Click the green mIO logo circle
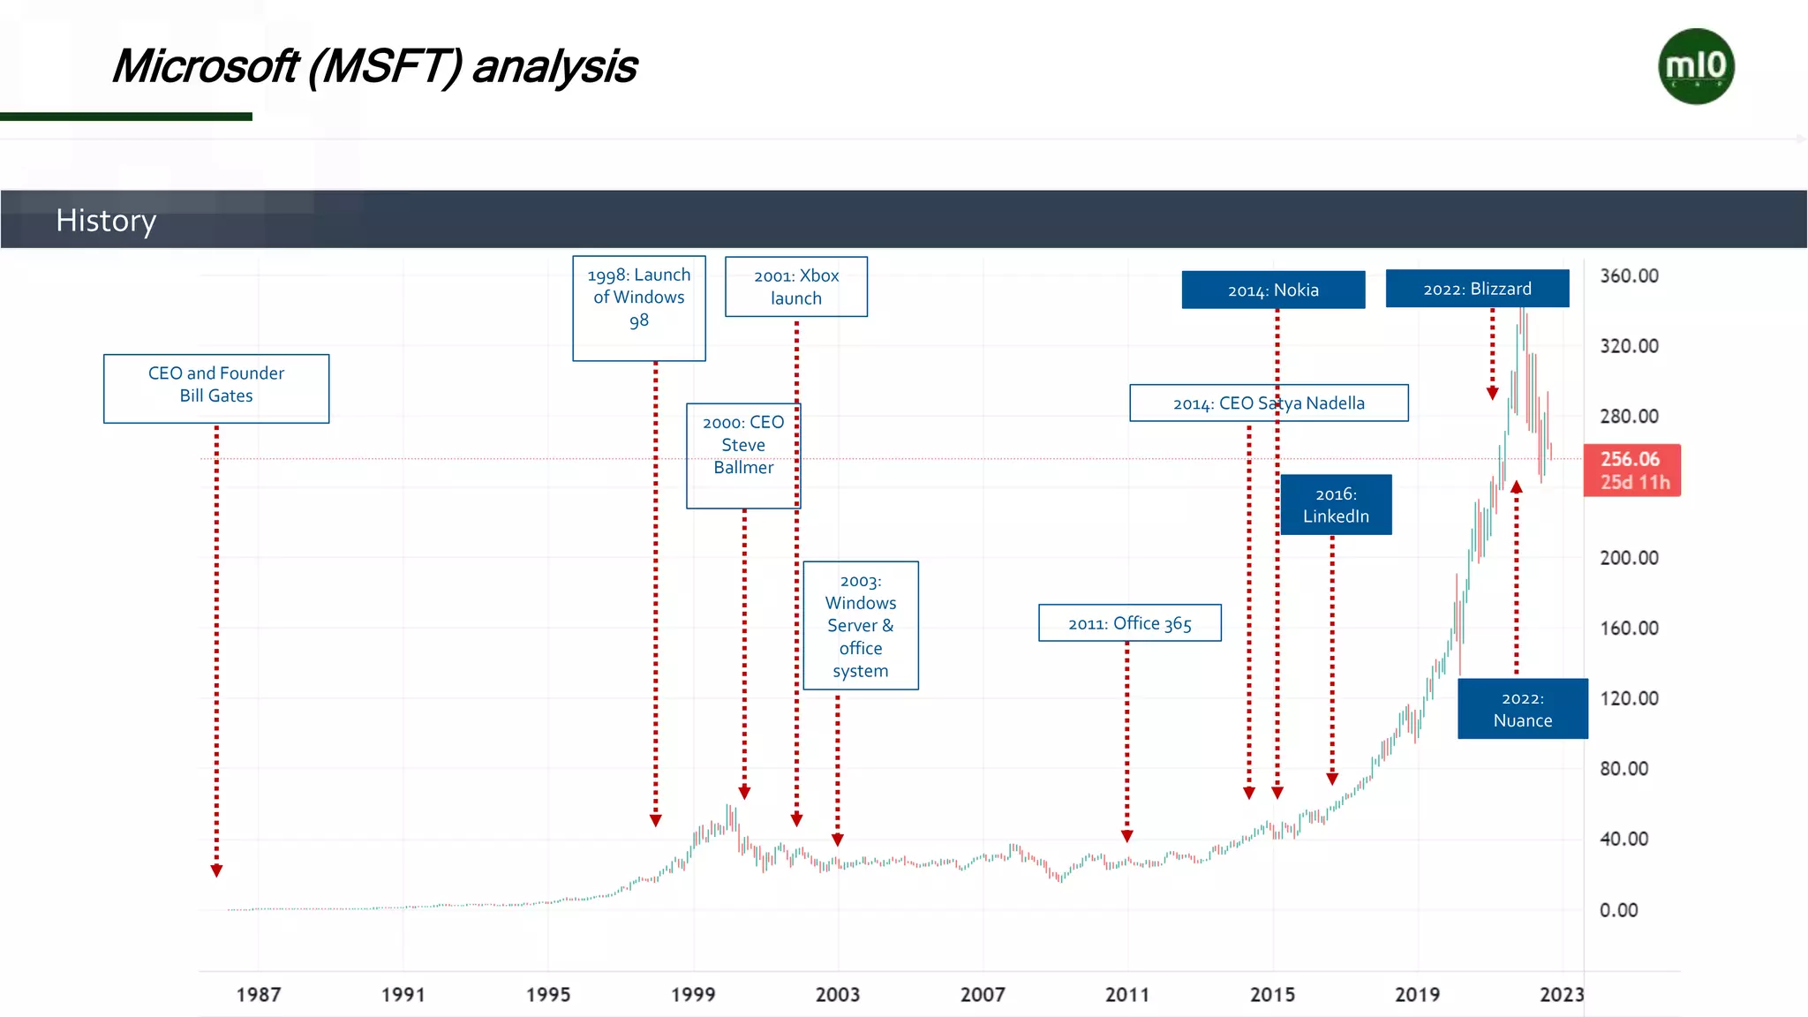1696,66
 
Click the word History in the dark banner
106,220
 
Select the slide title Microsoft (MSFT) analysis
374,66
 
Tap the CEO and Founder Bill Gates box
216,388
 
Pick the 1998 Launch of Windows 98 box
639,307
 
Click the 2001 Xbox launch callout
796,287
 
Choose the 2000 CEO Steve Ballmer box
743,455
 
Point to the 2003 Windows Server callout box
861,625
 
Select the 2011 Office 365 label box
1130,623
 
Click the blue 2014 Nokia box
1273,290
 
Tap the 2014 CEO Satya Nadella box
1269,403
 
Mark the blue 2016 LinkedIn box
1336,505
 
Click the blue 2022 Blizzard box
1477,289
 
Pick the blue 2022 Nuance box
1522,709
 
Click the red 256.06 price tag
1631,470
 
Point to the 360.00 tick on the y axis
1629,275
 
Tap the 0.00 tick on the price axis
1618,909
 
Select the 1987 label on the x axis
259,994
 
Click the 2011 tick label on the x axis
1127,994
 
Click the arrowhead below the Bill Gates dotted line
216,871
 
